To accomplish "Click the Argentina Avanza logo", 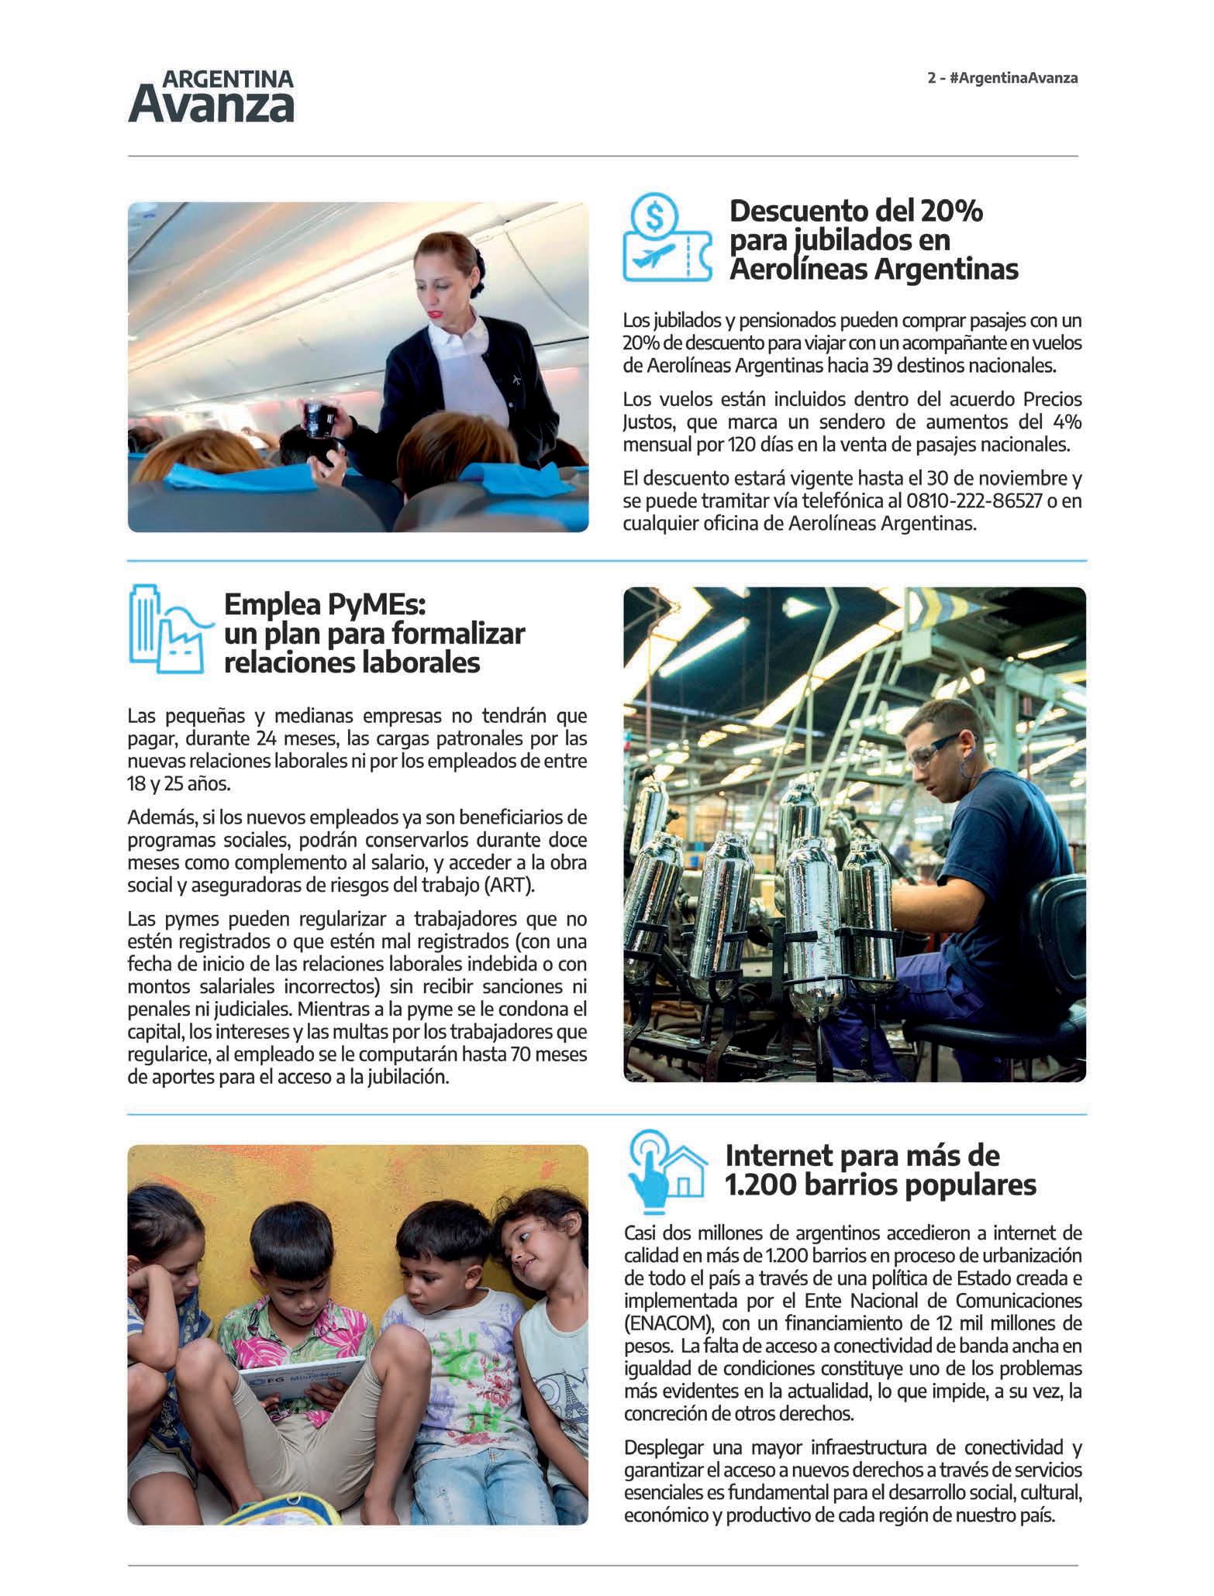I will click(x=211, y=97).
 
